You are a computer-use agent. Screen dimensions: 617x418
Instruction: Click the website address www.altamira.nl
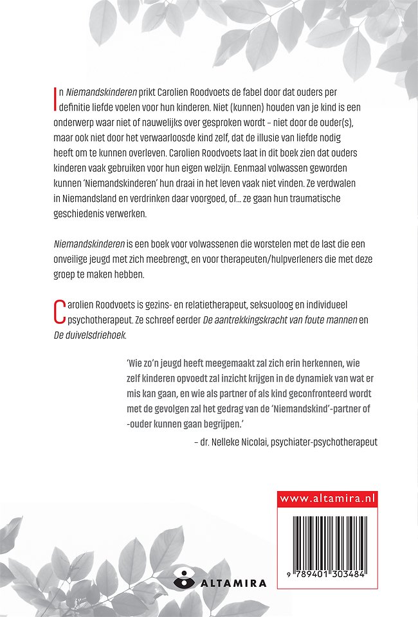(327, 498)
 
